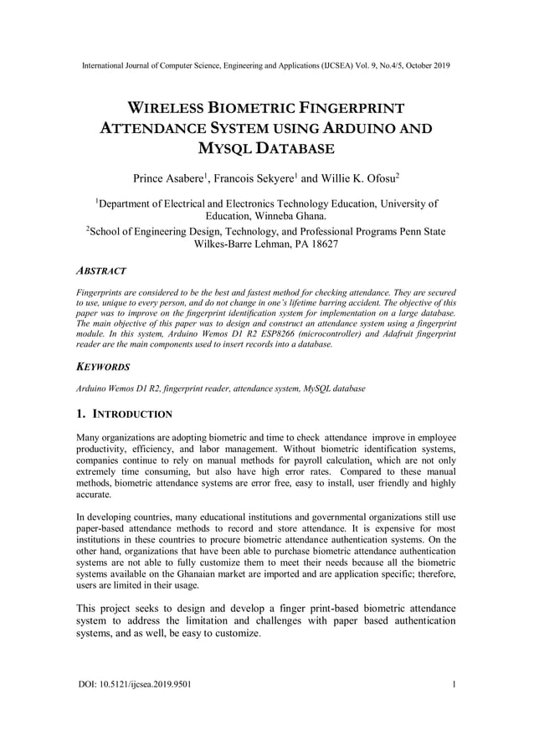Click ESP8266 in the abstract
point(259,334)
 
